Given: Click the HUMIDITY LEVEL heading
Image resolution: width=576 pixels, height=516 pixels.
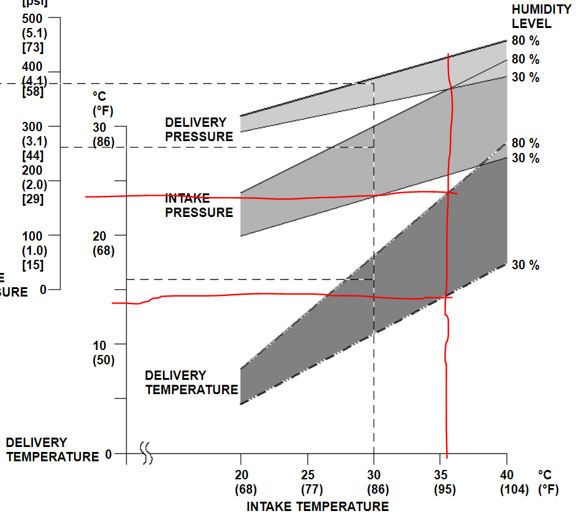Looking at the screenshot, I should [541, 17].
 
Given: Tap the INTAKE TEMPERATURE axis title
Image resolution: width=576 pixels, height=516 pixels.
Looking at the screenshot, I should [317, 507].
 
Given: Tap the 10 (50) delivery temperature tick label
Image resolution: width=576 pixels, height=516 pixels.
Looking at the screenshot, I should [103, 352].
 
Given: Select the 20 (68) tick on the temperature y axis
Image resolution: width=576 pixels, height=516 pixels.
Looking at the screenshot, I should [103, 243].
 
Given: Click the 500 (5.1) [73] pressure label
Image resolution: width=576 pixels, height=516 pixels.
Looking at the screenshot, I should [32, 32].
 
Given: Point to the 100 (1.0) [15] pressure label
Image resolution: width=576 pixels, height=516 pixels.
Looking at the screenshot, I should [32, 250].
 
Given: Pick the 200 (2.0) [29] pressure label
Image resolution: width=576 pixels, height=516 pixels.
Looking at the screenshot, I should [32, 185].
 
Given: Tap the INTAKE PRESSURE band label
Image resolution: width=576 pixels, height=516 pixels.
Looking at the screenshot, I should [198, 206].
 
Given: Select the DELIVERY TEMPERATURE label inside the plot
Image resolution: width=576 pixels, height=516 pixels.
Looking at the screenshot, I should [191, 382].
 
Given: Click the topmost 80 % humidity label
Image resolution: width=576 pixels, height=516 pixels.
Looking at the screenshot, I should [526, 41].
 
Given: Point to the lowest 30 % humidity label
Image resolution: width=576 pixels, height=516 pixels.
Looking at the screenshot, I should [526, 265].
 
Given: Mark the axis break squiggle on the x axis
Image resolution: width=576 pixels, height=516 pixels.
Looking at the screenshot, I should [147, 453].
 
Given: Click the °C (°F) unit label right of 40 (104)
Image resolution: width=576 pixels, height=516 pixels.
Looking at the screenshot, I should [548, 482].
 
